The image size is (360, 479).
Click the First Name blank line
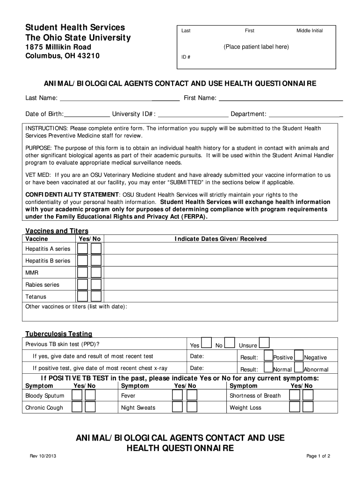tap(281, 99)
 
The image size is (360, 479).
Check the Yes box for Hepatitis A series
tap(83, 248)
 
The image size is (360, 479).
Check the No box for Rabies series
tap(96, 284)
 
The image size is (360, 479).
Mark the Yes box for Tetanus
tap(83, 297)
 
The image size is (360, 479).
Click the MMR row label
tap(32, 273)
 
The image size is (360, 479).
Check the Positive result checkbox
tap(268, 356)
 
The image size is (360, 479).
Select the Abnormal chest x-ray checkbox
tap(299, 368)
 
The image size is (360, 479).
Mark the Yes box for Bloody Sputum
tap(76, 395)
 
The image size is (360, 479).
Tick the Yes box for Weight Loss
tap(294, 407)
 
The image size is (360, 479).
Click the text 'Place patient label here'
tap(256, 47)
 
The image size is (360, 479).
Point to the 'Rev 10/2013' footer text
tap(44, 457)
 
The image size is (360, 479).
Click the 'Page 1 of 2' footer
tap(318, 457)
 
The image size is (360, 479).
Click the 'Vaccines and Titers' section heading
tap(57, 231)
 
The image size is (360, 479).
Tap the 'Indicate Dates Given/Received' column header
tap(221, 239)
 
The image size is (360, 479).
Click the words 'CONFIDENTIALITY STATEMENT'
tap(72, 195)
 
